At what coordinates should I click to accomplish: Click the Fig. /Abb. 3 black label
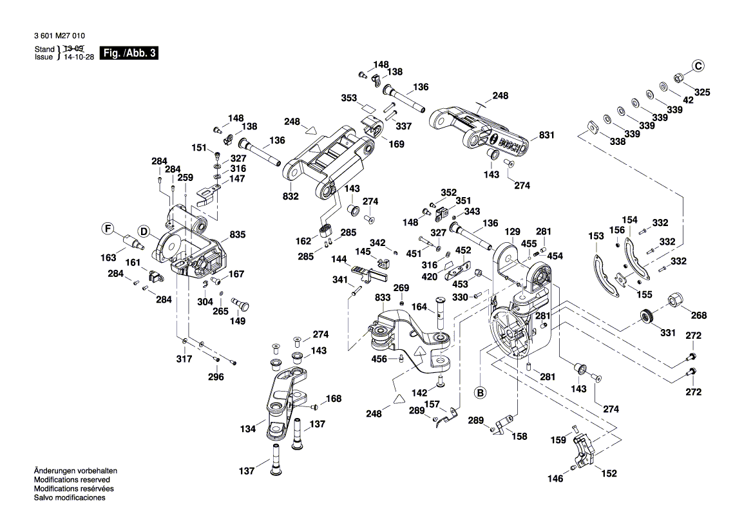[x=129, y=53]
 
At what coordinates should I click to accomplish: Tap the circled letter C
[x=698, y=65]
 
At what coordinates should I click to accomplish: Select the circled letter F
[x=109, y=228]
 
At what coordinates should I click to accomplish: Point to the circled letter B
[x=480, y=391]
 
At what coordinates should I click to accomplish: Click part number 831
[x=546, y=135]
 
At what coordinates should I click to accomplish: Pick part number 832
[x=291, y=196]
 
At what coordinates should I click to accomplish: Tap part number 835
[x=238, y=236]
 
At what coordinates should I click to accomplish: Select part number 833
[x=383, y=298]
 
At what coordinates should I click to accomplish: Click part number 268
[x=699, y=315]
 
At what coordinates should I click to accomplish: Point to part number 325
[x=701, y=92]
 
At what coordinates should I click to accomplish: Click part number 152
[x=609, y=473]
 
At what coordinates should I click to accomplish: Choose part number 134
[x=249, y=428]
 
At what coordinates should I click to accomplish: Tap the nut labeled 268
[x=675, y=299]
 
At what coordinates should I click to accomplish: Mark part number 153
[x=596, y=236]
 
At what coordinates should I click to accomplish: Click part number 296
[x=216, y=377]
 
